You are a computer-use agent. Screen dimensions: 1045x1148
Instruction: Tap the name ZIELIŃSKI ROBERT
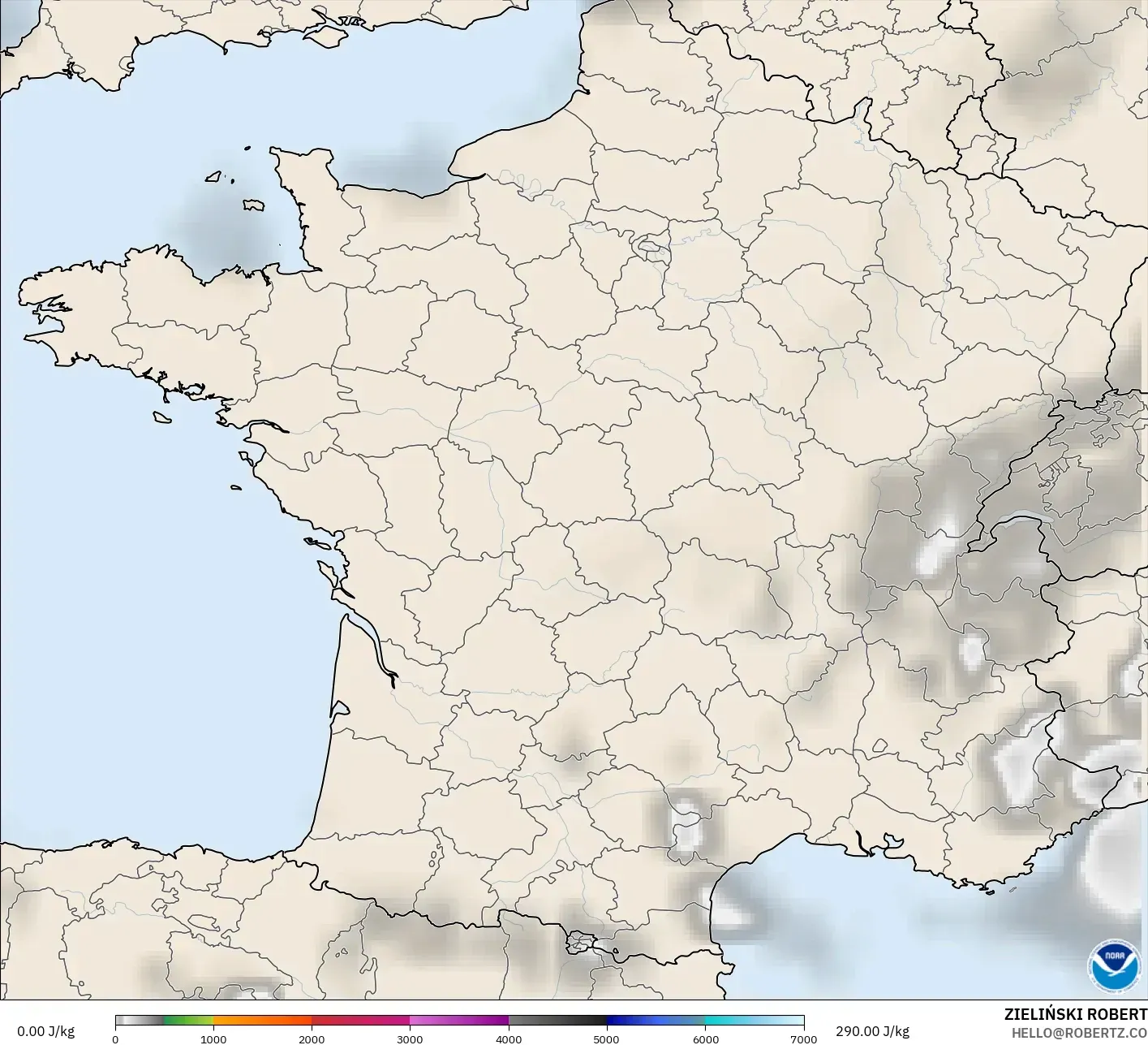coord(1075,1014)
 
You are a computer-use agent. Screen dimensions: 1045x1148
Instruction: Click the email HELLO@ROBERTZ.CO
coord(1079,1032)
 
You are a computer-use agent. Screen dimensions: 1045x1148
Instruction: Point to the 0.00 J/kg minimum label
coord(45,1031)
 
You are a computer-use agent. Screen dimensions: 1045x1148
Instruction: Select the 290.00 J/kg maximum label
coord(872,1031)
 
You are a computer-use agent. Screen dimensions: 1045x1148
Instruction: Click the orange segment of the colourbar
coord(262,1021)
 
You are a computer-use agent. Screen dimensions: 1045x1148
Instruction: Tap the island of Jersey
coord(254,205)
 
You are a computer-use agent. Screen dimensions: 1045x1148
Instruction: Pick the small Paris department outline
coord(650,244)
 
